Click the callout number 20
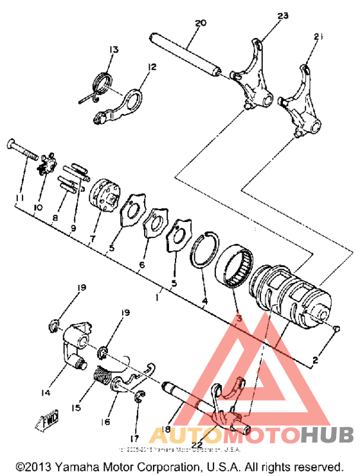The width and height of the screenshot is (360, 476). pos(200,23)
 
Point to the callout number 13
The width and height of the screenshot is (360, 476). pos(114,50)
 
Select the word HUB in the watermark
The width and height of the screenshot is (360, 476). pos(328,437)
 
